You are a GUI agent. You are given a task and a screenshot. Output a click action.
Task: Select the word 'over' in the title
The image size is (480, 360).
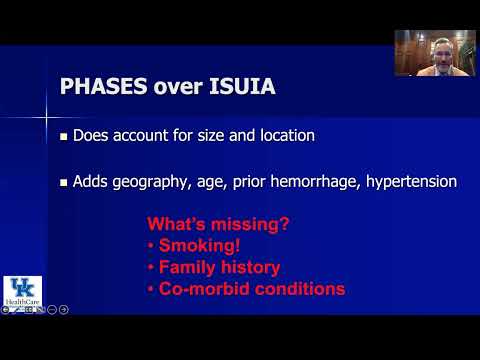[176, 86]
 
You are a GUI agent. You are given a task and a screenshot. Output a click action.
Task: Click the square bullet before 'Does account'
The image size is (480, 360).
[63, 136]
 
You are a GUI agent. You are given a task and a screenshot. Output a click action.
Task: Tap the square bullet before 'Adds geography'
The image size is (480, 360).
[63, 184]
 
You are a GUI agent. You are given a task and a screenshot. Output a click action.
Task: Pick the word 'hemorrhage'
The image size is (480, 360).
[311, 183]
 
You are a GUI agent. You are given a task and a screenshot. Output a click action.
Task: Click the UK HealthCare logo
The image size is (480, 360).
[18, 290]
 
